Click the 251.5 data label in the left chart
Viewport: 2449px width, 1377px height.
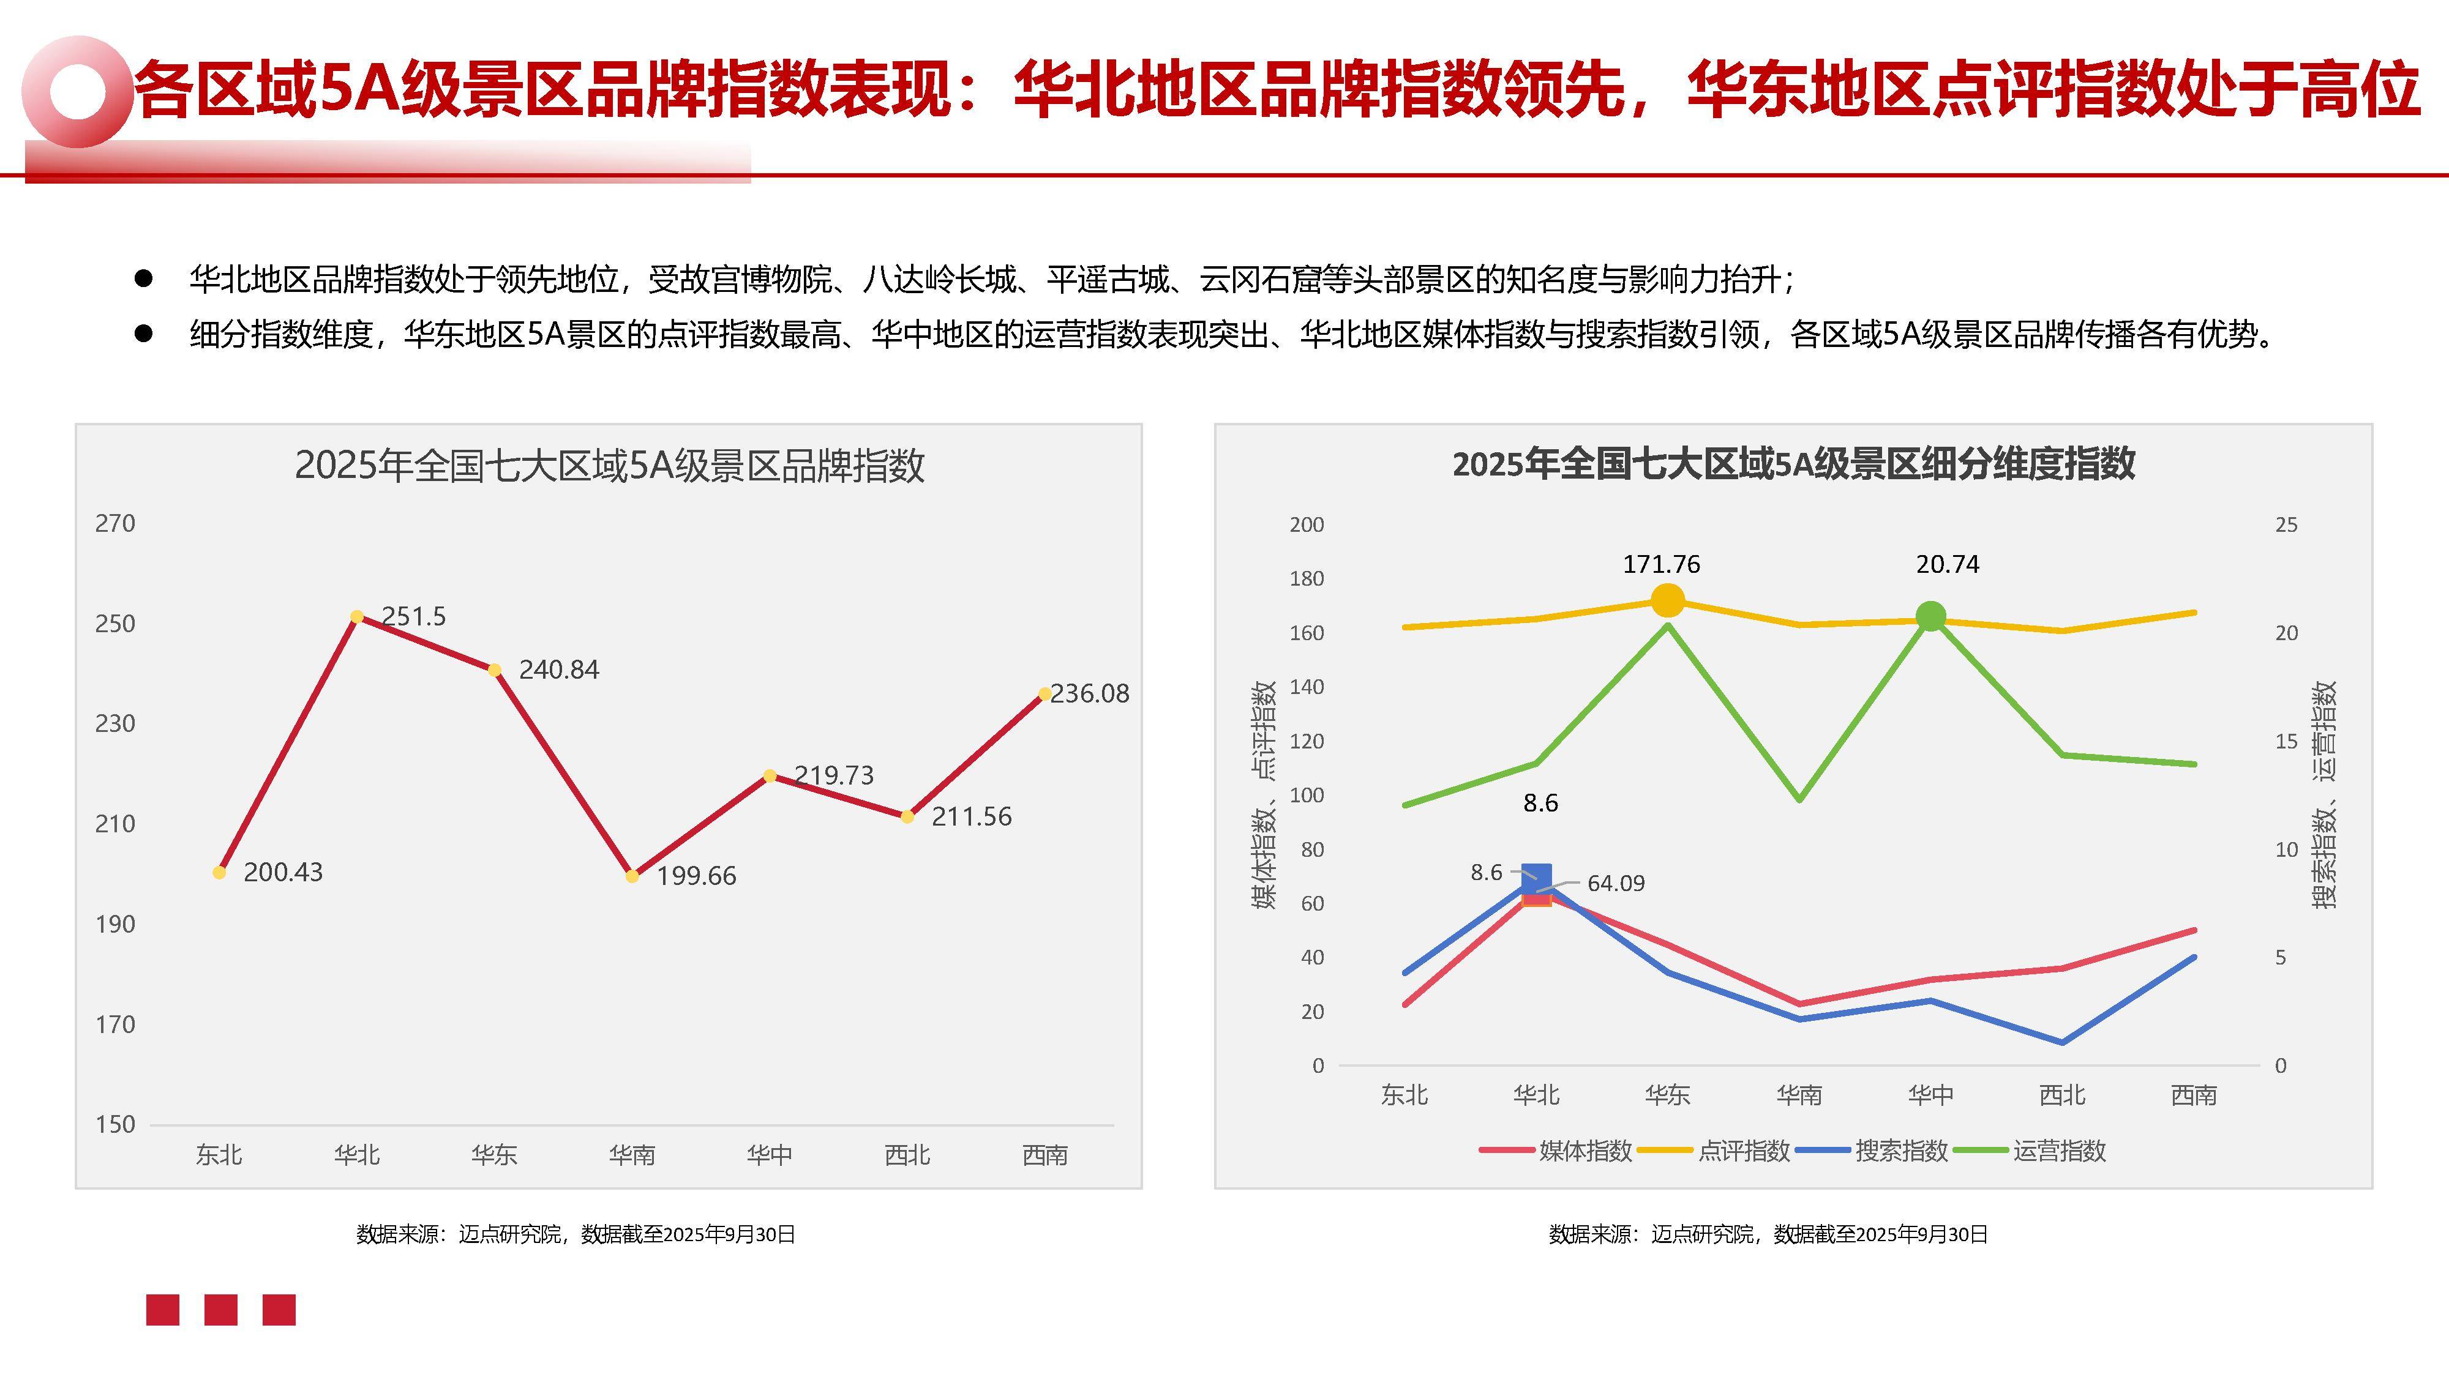click(413, 617)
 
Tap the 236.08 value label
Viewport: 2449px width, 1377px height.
click(1090, 694)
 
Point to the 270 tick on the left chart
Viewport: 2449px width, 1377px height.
click(115, 524)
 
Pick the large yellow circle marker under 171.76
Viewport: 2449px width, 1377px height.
click(1668, 600)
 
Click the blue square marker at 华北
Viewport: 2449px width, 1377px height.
click(1536, 878)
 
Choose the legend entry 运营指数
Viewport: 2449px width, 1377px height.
click(2058, 1151)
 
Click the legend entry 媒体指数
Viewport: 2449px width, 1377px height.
click(1585, 1151)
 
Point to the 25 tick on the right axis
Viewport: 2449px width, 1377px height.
click(2286, 524)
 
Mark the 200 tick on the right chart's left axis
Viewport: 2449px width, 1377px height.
click(1307, 524)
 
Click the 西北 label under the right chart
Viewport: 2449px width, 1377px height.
click(2062, 1095)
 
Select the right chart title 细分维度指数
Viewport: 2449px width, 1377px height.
click(1793, 465)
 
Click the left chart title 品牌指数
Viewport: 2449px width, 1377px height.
click(609, 466)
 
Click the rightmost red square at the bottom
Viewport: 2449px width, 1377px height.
click(279, 1310)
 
